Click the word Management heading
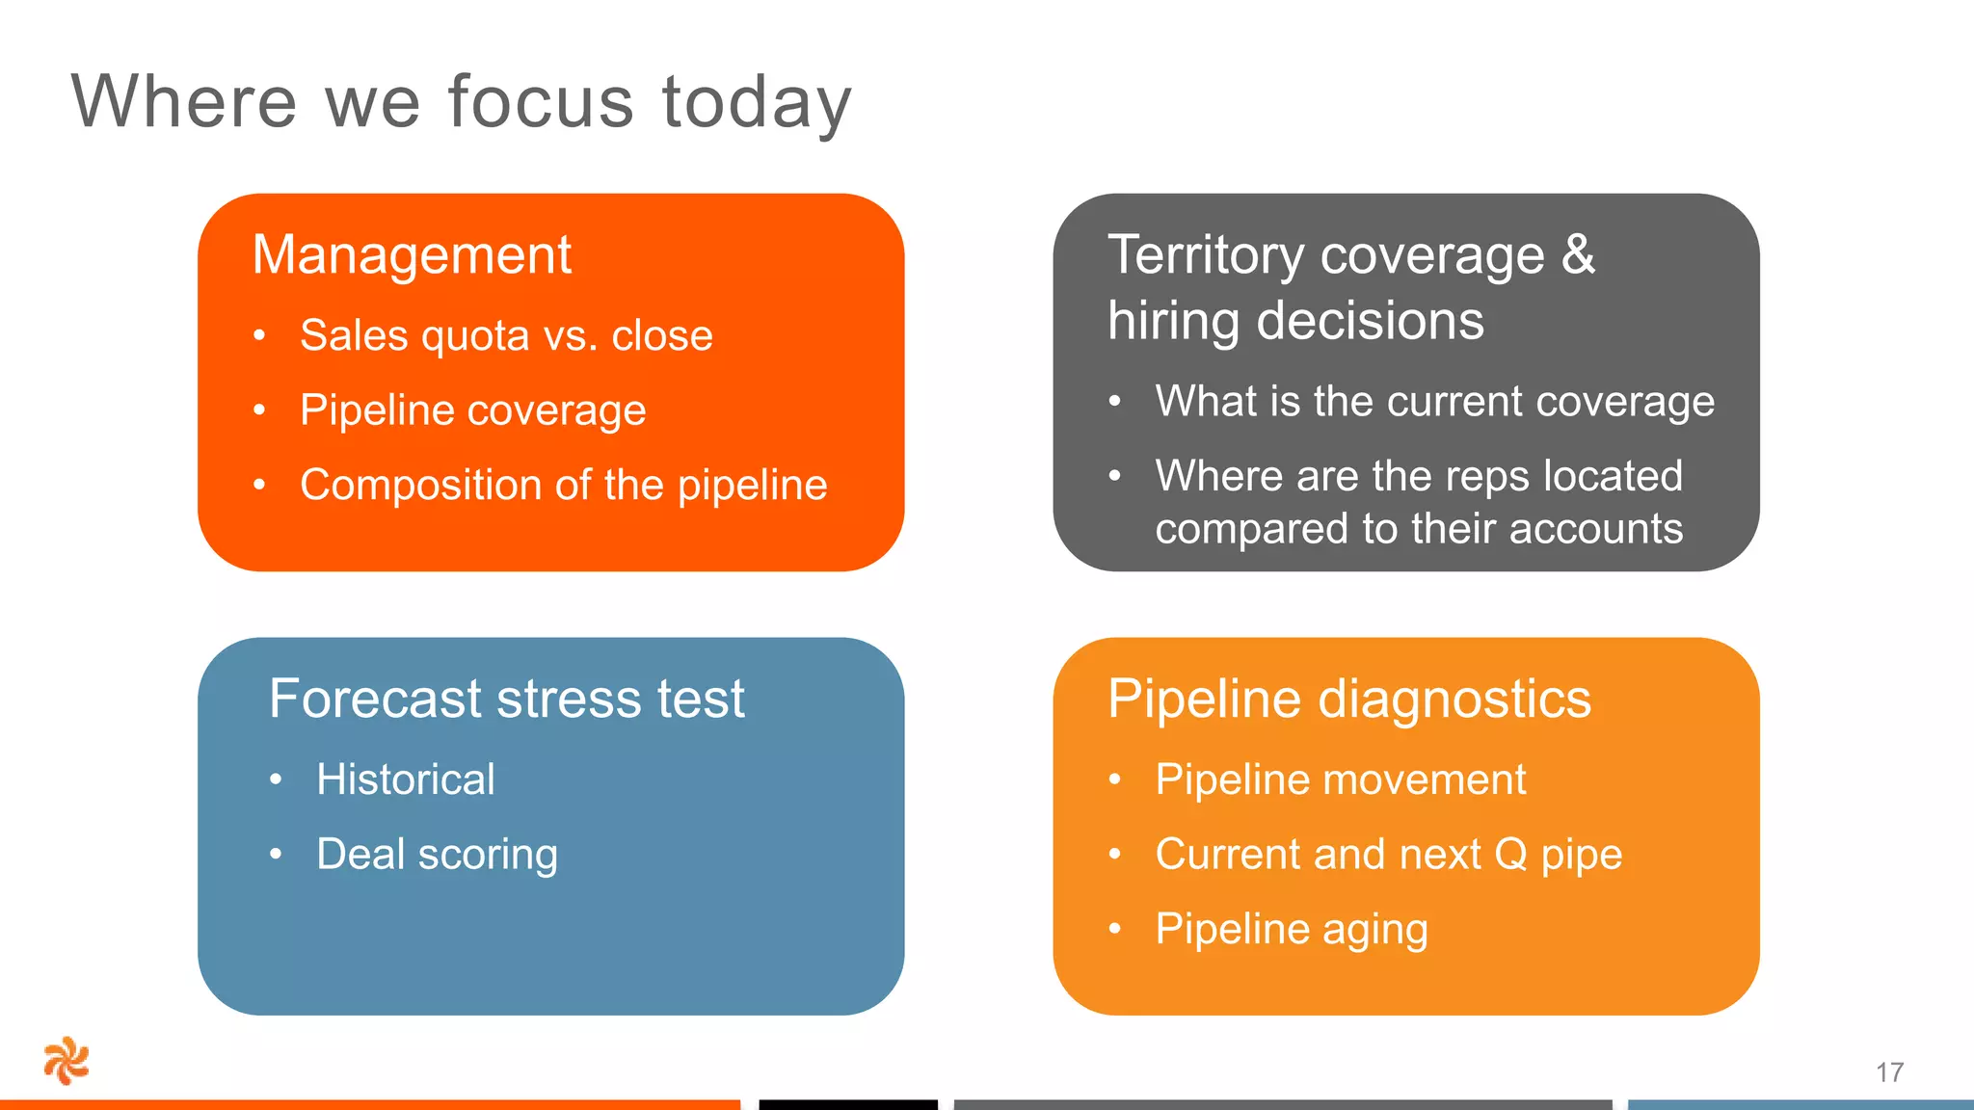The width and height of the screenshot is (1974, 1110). point(412,255)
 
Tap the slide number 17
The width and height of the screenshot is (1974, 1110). point(1889,1072)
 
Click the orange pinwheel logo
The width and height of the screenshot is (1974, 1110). point(67,1061)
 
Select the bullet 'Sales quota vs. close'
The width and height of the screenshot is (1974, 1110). point(506,335)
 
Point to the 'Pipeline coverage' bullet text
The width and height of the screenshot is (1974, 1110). point(472,410)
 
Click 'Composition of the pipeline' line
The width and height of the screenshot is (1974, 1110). point(563,485)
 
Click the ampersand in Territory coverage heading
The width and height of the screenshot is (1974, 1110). point(1578,255)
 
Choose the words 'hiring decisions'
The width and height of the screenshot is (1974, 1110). point(1294,321)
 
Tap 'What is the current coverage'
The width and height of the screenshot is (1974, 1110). point(1434,401)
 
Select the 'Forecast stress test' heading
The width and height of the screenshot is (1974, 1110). point(506,699)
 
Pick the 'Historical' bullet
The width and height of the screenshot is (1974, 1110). point(405,780)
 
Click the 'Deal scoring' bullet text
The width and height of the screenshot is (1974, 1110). point(437,855)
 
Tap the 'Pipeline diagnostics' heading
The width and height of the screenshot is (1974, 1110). point(1348,699)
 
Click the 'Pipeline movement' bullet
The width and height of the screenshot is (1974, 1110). point(1340,780)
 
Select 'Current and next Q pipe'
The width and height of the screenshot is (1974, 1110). point(1388,855)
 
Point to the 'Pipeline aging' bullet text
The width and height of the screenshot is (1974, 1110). point(1291,929)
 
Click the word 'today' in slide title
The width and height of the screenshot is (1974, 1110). point(757,102)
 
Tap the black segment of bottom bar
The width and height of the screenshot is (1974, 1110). point(847,1104)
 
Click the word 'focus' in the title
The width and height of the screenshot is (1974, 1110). point(541,102)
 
